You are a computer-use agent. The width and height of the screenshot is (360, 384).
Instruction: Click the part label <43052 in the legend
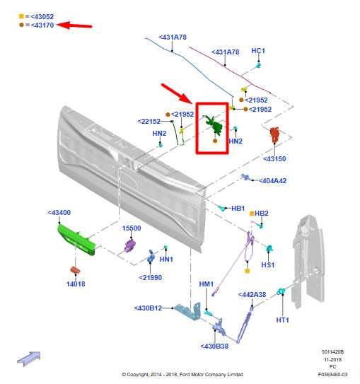(x=42, y=17)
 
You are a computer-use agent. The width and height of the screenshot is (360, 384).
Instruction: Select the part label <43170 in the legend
(x=42, y=25)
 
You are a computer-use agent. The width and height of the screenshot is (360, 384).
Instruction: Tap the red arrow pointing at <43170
(x=74, y=25)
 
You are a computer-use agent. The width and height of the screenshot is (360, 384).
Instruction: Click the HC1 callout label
(x=258, y=51)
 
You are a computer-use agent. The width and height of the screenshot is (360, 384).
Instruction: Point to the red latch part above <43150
(x=275, y=134)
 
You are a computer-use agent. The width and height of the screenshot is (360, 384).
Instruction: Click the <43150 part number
(x=274, y=158)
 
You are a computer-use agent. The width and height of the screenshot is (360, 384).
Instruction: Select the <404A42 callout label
(x=272, y=181)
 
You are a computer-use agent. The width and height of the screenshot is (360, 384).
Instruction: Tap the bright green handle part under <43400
(x=77, y=240)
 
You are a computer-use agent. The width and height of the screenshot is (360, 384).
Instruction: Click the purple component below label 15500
(x=130, y=245)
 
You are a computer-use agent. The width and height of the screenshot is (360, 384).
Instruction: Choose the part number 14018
(x=76, y=284)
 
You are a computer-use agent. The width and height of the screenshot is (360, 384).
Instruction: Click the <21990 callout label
(x=151, y=278)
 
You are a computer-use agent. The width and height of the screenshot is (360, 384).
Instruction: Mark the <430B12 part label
(x=148, y=308)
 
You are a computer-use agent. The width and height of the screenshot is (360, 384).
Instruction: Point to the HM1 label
(x=207, y=284)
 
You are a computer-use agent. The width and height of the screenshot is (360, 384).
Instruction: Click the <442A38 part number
(x=252, y=295)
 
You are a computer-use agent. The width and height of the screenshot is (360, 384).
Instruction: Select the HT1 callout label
(x=283, y=320)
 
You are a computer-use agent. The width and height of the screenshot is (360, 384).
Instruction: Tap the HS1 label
(x=268, y=264)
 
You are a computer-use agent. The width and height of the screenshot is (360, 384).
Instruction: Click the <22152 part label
(x=149, y=121)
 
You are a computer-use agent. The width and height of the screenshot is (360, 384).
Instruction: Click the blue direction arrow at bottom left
(x=29, y=359)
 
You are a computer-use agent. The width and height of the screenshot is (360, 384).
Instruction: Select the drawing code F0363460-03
(x=332, y=374)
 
